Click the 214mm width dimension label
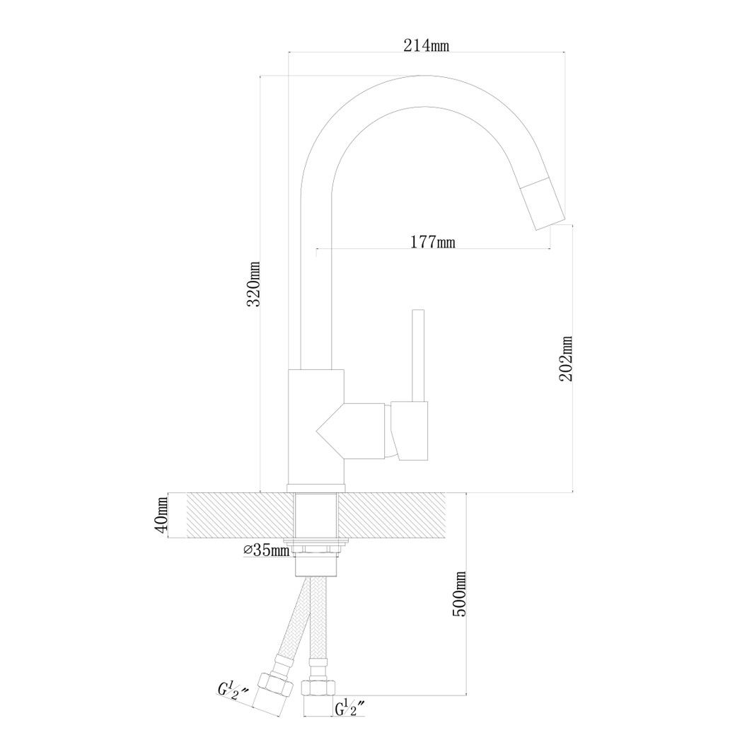(425, 45)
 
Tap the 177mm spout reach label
(432, 242)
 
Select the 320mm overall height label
(253, 284)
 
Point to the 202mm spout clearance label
(566, 358)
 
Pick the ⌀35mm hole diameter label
(266, 550)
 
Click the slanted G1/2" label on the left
(233, 691)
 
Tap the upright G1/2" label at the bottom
(351, 708)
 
